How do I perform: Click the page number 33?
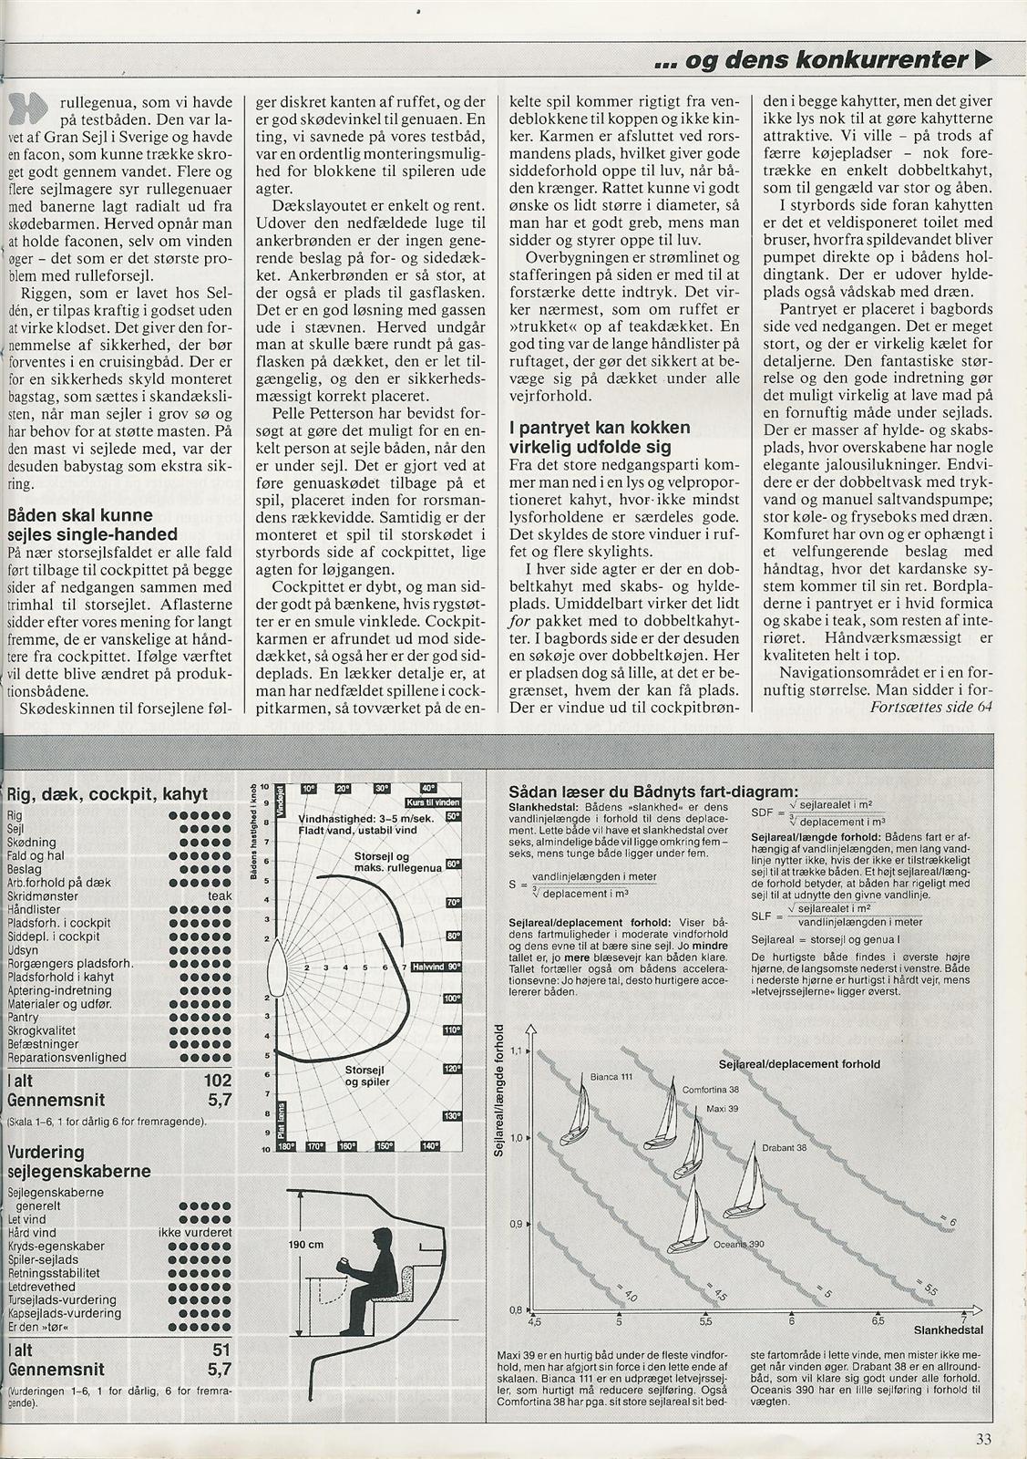(x=982, y=1440)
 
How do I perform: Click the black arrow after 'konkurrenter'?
(x=982, y=60)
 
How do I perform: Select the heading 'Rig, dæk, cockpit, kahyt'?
(x=108, y=794)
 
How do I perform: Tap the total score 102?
(x=218, y=1081)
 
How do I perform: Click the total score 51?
(x=221, y=1350)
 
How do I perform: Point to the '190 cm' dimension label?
(x=306, y=1245)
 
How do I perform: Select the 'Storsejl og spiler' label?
(x=367, y=1076)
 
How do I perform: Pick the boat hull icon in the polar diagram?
(x=280, y=967)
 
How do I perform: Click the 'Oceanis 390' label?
(x=738, y=1244)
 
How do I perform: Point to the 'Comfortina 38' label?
(x=711, y=1090)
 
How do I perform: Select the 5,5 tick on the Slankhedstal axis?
(x=705, y=1321)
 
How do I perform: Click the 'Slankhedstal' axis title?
(x=948, y=1330)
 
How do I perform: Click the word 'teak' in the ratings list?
(x=220, y=896)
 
